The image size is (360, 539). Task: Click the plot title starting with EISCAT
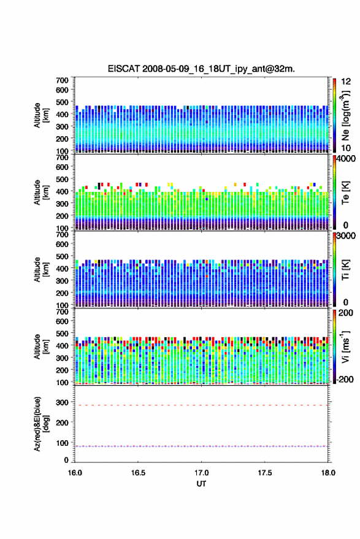[x=201, y=69]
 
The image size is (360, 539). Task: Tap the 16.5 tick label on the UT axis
[x=138, y=473]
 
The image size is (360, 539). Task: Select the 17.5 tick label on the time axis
[x=264, y=473]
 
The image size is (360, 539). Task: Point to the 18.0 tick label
[x=328, y=473]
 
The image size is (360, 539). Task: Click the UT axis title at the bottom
[x=201, y=484]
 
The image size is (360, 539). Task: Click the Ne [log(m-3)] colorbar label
[x=345, y=115]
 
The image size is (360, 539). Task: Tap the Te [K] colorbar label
[x=345, y=193]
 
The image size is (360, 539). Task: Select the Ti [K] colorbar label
[x=345, y=270]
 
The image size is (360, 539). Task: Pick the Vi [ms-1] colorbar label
[x=345, y=347]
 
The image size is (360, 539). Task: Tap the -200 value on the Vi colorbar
[x=344, y=379]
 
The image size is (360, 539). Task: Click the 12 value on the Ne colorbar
[x=346, y=82]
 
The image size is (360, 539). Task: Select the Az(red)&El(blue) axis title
[x=41, y=424]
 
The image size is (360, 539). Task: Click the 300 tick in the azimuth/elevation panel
[x=62, y=402]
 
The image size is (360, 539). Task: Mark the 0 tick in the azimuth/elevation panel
[x=66, y=460]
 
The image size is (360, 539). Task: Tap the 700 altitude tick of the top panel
[x=62, y=80]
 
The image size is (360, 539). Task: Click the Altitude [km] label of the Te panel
[x=41, y=193]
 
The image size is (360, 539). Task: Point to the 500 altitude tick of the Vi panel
[x=62, y=333]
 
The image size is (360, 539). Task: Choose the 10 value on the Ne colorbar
[x=346, y=148]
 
